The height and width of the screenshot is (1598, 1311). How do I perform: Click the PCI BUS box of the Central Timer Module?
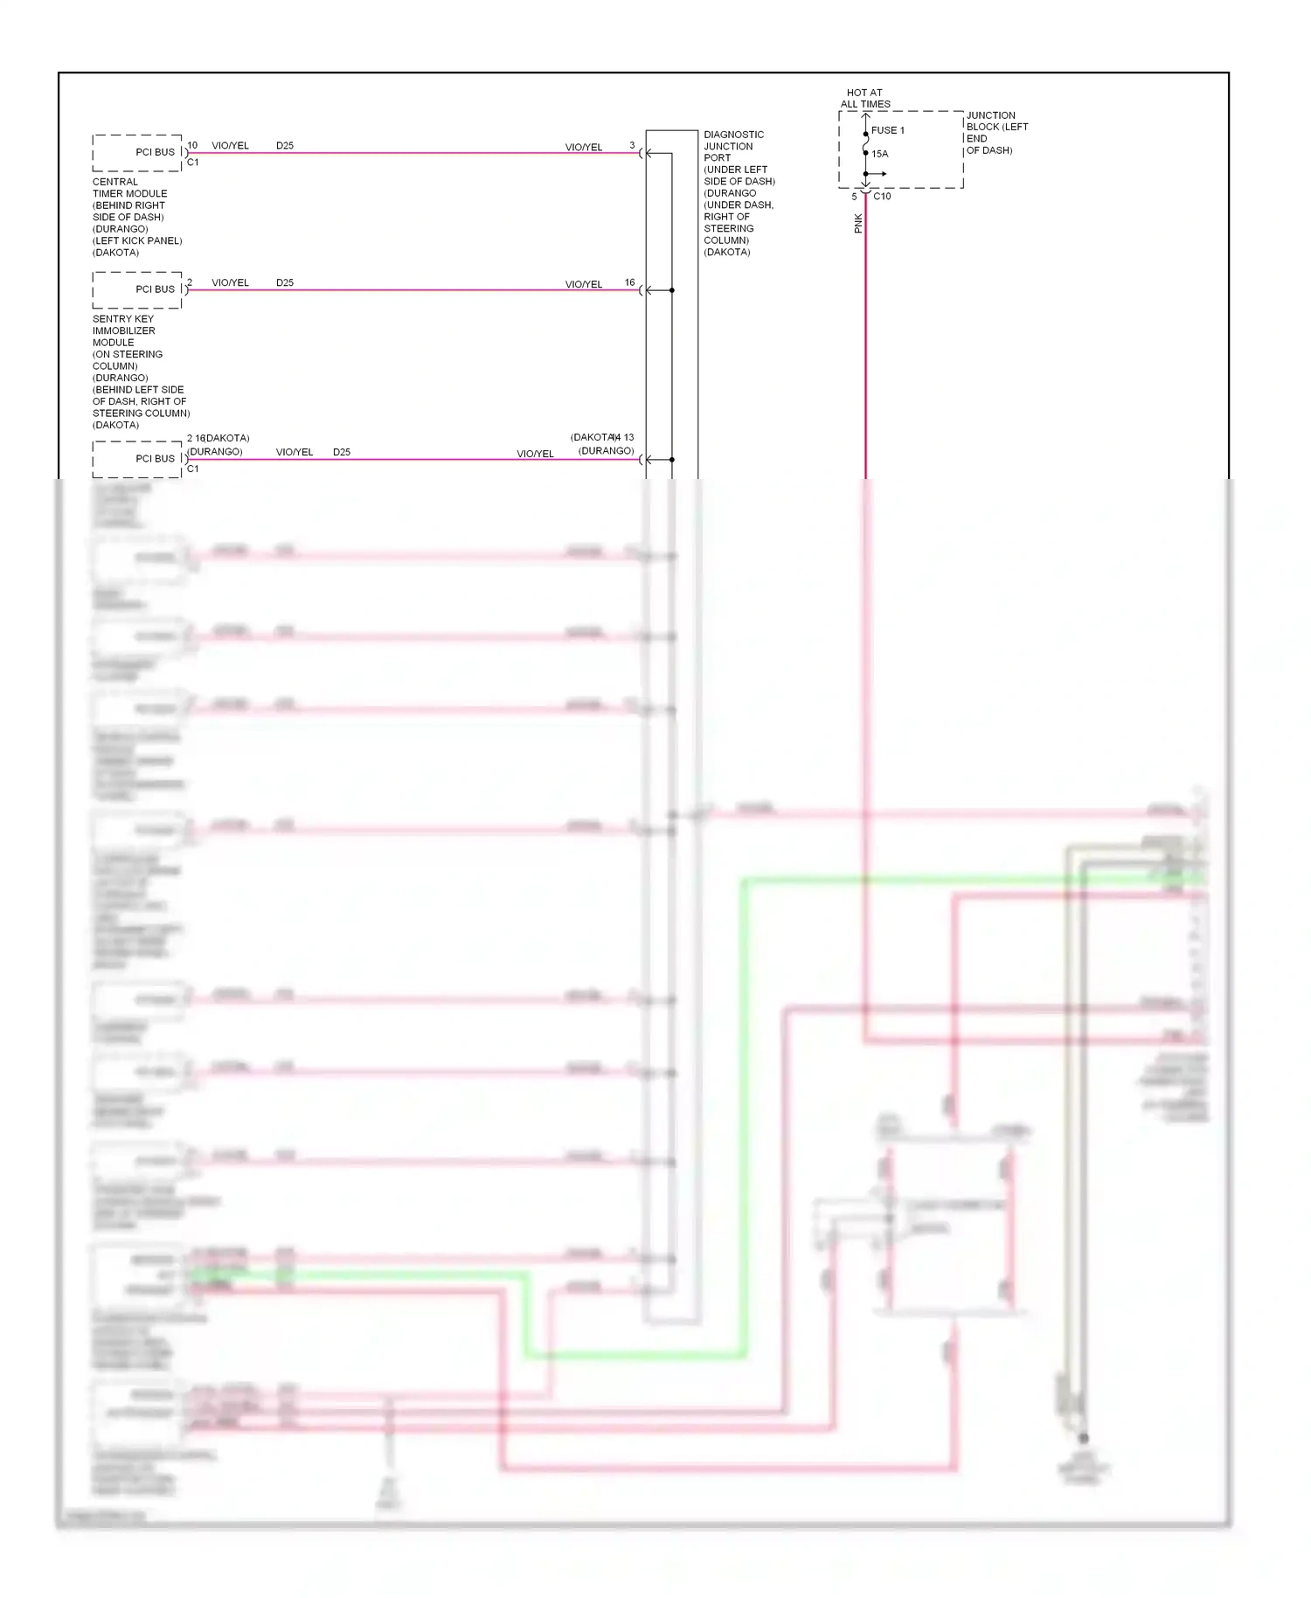[x=138, y=153]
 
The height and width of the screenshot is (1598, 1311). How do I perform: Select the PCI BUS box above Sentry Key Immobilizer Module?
[x=138, y=289]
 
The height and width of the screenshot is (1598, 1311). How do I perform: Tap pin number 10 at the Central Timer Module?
[x=192, y=146]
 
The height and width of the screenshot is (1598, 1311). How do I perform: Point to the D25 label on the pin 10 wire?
[x=285, y=146]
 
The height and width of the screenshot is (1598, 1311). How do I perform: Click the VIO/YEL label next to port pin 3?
[x=584, y=148]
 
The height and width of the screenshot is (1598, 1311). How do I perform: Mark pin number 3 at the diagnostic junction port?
[x=632, y=146]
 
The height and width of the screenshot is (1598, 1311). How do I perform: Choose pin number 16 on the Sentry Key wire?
[x=630, y=282]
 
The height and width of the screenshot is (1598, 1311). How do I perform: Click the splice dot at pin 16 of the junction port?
[x=672, y=290]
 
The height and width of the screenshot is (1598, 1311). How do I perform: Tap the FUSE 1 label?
[x=888, y=130]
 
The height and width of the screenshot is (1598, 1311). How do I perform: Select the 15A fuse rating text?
[x=880, y=154]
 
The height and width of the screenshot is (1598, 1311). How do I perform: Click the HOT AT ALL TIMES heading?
[x=865, y=98]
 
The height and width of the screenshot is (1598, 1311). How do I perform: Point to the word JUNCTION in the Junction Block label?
[x=991, y=115]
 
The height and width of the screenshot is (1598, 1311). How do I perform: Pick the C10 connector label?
[x=882, y=197]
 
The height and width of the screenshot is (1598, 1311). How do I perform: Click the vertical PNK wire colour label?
[x=858, y=224]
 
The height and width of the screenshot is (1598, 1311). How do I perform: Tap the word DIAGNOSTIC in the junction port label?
[x=734, y=135]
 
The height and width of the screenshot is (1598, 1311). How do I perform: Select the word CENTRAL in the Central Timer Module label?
[x=115, y=182]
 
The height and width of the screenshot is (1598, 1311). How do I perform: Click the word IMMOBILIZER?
[x=124, y=331]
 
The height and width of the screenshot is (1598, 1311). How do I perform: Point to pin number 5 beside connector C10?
[x=854, y=197]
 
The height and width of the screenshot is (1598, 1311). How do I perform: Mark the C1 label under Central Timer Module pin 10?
[x=193, y=163]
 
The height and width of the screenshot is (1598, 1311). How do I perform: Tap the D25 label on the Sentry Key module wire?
[x=285, y=283]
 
